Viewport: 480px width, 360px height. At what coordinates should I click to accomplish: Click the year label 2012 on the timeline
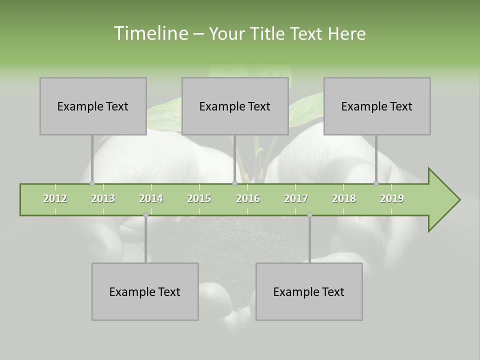(x=55, y=198)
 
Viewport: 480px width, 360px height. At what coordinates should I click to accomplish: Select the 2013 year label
(x=103, y=198)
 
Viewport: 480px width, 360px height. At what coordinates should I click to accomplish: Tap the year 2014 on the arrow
(x=151, y=198)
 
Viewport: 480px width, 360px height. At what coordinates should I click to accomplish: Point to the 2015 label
(x=199, y=198)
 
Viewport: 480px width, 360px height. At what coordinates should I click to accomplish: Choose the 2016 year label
(x=248, y=198)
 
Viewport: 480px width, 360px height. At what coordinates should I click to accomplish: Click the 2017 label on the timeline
(x=296, y=198)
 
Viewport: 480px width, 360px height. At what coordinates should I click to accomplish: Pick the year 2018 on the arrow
(x=344, y=198)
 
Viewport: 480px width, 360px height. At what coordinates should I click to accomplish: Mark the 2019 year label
(x=392, y=198)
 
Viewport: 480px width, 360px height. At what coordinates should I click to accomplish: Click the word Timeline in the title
(x=150, y=33)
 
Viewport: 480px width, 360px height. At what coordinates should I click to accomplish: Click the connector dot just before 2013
(x=92, y=183)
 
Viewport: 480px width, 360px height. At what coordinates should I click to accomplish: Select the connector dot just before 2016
(x=235, y=183)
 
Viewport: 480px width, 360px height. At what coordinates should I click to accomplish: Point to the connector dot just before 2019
(x=376, y=183)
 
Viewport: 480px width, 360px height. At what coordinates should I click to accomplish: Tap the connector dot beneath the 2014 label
(x=145, y=215)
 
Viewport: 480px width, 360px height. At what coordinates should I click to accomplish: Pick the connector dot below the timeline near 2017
(x=309, y=215)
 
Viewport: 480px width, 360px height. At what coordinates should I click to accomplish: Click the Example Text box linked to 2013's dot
(x=93, y=106)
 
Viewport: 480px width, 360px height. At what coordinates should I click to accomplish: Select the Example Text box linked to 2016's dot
(x=235, y=106)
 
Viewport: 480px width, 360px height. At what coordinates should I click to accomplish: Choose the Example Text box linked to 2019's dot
(x=377, y=106)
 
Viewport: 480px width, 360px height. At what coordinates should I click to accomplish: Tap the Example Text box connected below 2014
(x=145, y=291)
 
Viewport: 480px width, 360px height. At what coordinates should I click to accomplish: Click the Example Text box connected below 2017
(x=309, y=291)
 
